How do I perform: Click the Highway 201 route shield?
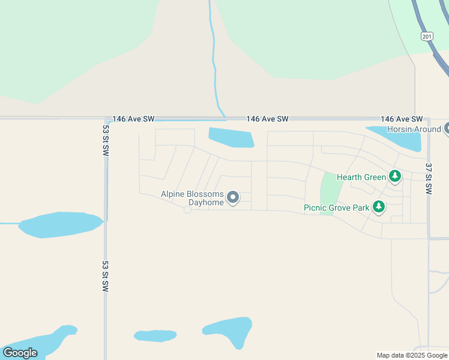click(x=427, y=37)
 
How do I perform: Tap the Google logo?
click(x=20, y=353)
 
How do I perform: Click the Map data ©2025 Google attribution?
click(x=412, y=355)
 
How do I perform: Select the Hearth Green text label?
click(x=361, y=177)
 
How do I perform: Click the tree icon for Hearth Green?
click(x=394, y=176)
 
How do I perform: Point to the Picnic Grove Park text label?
click(x=336, y=208)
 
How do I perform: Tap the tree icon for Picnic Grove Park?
click(x=378, y=207)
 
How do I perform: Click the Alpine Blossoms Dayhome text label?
click(x=192, y=198)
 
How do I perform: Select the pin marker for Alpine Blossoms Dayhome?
click(x=232, y=197)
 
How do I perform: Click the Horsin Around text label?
click(x=414, y=129)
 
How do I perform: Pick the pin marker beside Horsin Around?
click(x=446, y=128)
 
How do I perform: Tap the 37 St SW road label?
click(x=428, y=178)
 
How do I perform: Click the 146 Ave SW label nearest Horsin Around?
click(x=402, y=119)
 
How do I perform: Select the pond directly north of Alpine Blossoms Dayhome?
click(x=231, y=137)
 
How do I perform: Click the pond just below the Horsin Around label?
click(x=402, y=141)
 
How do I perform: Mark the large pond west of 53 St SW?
click(x=60, y=224)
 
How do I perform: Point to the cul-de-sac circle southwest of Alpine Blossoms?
click(x=187, y=209)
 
